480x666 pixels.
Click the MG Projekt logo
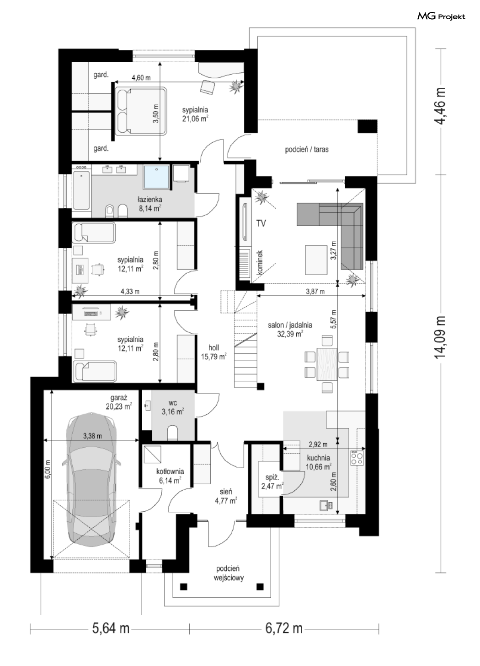(441, 16)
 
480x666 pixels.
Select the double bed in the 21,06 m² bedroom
(140, 111)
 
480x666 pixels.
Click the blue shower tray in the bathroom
(156, 177)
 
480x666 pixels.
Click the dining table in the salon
(327, 364)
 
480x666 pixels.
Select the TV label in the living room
(261, 223)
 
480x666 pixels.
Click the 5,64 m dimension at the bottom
(111, 628)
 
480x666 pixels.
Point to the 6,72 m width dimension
(284, 628)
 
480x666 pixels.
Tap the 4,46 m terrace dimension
(441, 106)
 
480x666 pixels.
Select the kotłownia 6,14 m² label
(170, 476)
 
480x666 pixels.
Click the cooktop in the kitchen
(357, 458)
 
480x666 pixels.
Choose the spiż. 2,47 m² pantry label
(272, 482)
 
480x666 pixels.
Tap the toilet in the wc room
(172, 433)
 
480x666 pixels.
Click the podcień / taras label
(307, 149)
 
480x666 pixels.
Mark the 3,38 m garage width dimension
(92, 436)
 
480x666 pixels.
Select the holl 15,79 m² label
(213, 352)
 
